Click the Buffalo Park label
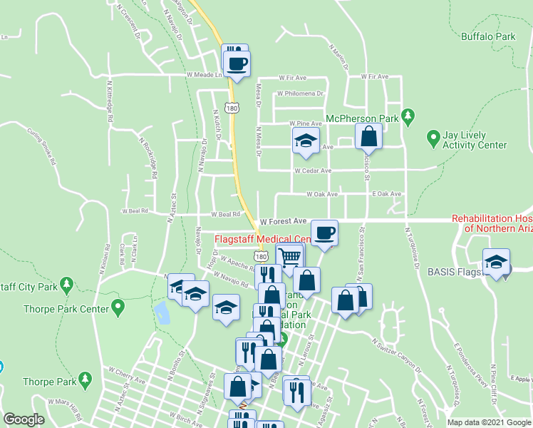point(487,36)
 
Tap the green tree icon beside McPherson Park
point(408,115)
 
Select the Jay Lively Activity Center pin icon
point(433,136)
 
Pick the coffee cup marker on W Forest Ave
point(324,233)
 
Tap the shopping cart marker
point(289,256)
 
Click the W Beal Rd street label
point(224,214)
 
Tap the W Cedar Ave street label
point(313,170)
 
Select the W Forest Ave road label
point(283,221)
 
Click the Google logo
point(24,419)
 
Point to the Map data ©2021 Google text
point(488,422)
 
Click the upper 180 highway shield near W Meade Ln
point(231,108)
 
